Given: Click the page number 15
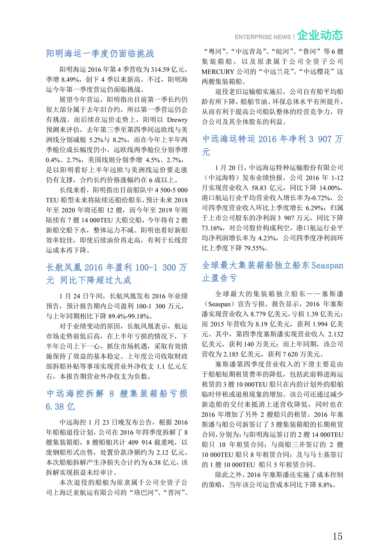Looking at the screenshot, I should point(337,536).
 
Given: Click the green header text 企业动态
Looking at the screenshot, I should point(320,35).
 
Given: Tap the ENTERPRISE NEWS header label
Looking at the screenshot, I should point(263,37).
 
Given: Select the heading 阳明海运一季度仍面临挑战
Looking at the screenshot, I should point(100,53).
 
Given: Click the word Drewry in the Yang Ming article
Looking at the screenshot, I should point(177,120).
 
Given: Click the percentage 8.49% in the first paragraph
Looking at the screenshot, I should point(70,79).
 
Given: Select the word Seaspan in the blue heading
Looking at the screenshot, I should point(327,266).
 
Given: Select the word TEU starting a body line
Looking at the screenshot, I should point(52,200).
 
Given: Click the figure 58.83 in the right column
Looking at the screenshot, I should point(259,188).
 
